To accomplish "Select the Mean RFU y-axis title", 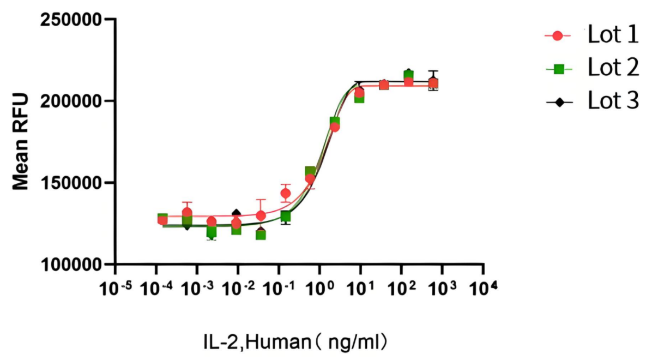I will click(x=21, y=142).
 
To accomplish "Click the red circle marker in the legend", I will click(x=557, y=36).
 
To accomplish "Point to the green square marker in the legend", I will click(x=557, y=69).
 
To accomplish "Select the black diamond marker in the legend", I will click(x=557, y=101).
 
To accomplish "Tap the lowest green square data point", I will click(x=261, y=235).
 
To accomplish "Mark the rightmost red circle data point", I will click(x=433, y=84).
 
